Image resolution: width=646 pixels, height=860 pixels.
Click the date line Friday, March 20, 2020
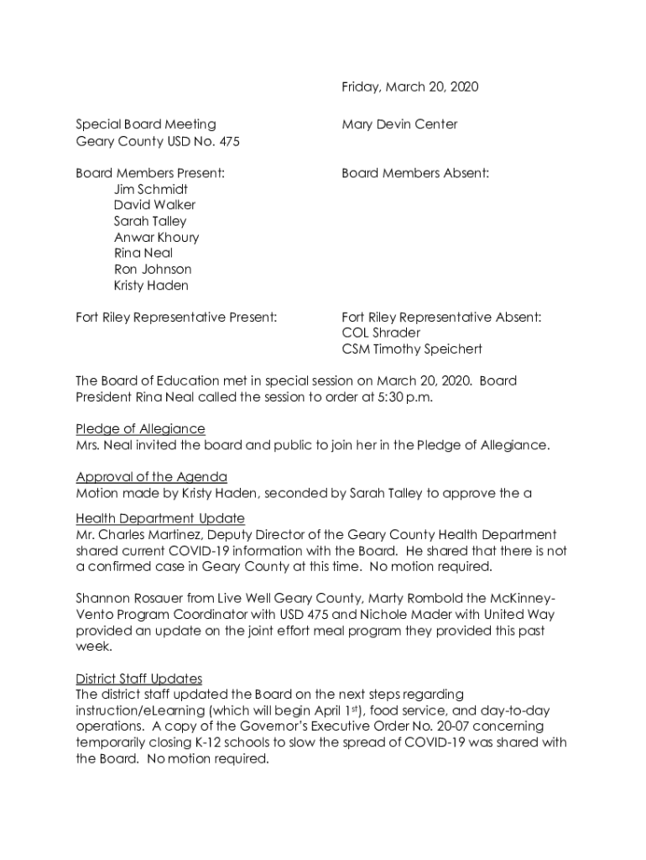coord(409,87)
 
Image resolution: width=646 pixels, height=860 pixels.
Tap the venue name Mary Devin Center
coord(399,124)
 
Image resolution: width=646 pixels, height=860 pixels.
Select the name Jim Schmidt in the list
coord(151,189)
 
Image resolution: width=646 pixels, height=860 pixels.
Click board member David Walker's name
coord(154,205)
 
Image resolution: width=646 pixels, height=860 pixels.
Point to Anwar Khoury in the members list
coord(156,237)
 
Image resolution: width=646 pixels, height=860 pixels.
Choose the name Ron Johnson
coord(153,269)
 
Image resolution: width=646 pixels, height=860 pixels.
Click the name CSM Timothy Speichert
coord(412,349)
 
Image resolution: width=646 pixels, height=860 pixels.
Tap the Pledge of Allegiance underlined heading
coord(140,429)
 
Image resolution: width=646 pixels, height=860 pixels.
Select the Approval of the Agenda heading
coord(151,477)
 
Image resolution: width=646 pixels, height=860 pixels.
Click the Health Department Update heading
coord(160,518)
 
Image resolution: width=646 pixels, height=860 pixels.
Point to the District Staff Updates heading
coord(138,679)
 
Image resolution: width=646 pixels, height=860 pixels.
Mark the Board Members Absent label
coord(415,173)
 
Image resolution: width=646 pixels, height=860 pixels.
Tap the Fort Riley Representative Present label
coord(176,317)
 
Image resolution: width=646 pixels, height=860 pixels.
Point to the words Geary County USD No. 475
coord(158,141)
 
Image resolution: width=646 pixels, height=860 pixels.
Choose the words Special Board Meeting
coord(146,124)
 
